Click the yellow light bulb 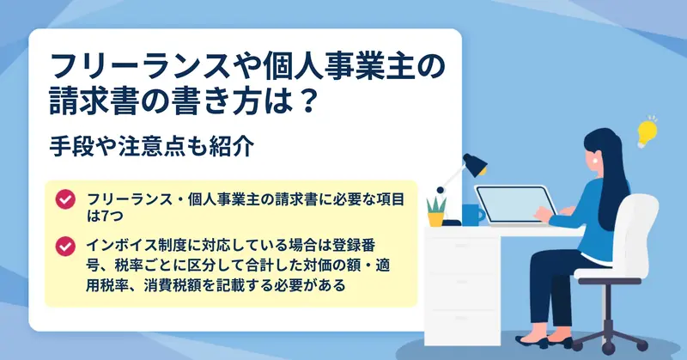(x=647, y=132)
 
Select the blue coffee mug (x=472, y=215)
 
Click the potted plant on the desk (x=436, y=212)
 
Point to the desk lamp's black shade (x=476, y=164)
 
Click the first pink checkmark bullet (x=65, y=199)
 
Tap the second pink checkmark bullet (x=65, y=246)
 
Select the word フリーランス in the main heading (x=140, y=66)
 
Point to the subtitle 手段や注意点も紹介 (x=152, y=146)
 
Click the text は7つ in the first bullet (x=105, y=216)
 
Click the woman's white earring (x=596, y=161)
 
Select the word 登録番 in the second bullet (x=354, y=245)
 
